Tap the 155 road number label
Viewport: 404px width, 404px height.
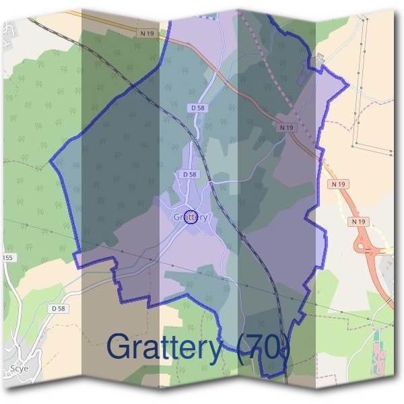coord(7,258)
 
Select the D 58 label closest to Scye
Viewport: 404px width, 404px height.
coord(59,308)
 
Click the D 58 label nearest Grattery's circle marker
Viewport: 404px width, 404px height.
coord(190,174)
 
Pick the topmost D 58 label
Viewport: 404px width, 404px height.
coord(198,107)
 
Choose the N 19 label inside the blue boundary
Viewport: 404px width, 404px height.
coord(285,127)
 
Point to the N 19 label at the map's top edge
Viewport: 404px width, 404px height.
coord(147,32)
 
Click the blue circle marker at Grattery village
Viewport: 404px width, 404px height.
coord(191,217)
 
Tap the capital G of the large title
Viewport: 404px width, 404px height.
coord(119,347)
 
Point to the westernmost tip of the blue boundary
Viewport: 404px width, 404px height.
coord(51,162)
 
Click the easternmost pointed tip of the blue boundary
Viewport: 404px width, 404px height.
coord(348,85)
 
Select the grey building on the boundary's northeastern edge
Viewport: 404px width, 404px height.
coord(319,59)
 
